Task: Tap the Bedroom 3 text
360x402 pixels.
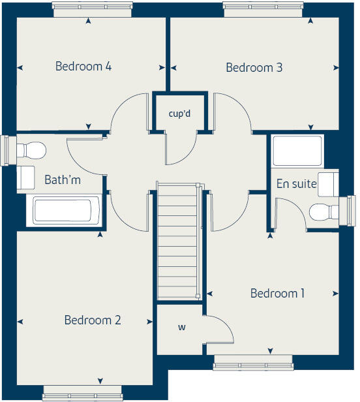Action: (254, 67)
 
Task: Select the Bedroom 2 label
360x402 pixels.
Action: (93, 320)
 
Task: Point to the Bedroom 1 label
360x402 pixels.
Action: (277, 293)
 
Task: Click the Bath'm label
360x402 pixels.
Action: (63, 179)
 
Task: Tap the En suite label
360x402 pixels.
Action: (296, 184)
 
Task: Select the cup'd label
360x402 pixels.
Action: (179, 114)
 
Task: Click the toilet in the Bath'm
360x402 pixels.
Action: (31, 150)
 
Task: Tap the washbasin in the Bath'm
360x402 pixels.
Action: (25, 177)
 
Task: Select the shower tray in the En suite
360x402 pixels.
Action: (297, 151)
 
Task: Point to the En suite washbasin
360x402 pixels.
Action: (329, 183)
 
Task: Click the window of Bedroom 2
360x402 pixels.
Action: (82, 392)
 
